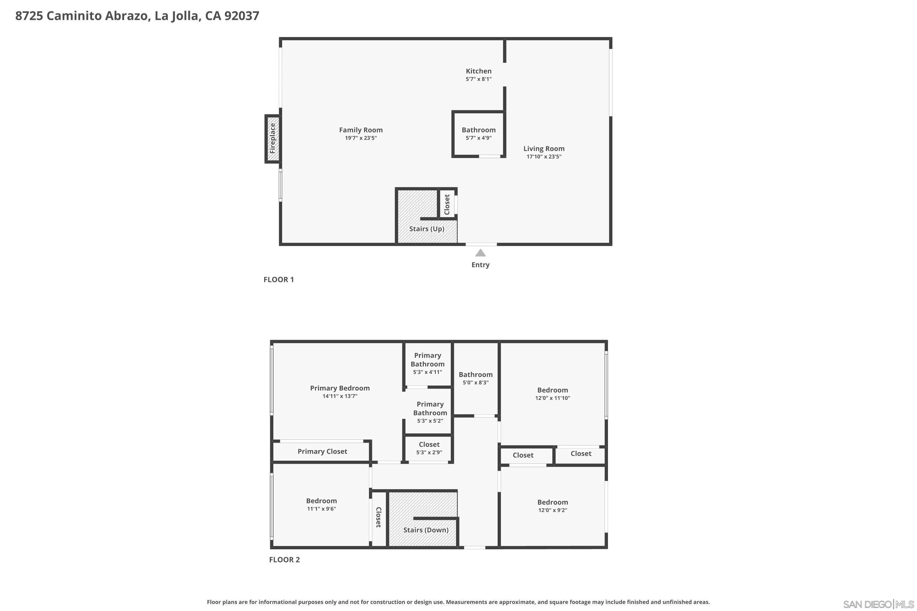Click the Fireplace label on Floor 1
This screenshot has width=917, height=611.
coord(273,138)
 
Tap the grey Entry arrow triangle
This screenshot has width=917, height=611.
coord(480,253)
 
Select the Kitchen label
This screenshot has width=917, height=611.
coord(478,71)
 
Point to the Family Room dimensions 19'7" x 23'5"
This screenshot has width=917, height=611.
coord(361,138)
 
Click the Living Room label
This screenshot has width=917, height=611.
coord(543,148)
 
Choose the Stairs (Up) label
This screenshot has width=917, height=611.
coord(426,229)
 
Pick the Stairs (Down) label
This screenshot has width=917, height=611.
coord(426,530)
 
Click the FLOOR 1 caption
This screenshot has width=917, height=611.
coord(278,280)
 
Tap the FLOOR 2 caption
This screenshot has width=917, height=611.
coord(284,560)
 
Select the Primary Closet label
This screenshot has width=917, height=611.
coord(322,451)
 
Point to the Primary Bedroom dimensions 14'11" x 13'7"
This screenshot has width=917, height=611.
coord(340,396)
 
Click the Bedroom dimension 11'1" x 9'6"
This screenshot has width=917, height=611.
coord(321,509)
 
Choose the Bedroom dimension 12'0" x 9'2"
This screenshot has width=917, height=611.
coord(552,510)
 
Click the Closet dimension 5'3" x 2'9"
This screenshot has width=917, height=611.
coord(429,453)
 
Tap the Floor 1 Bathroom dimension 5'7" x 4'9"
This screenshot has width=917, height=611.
coord(478,138)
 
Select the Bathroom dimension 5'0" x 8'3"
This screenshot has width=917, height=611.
coord(475,383)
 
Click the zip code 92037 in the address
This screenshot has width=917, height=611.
coord(242,16)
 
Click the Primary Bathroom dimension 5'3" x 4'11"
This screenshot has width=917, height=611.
coord(427,372)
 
